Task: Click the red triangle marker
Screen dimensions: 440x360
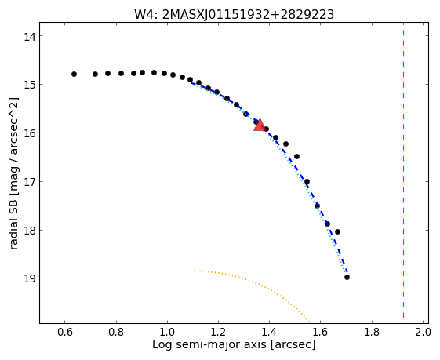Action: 260,125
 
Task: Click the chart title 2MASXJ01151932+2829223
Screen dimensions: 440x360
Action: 248,14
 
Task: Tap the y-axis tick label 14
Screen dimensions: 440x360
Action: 29,37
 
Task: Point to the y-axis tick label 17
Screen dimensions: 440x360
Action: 29,182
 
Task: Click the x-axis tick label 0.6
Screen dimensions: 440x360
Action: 65,333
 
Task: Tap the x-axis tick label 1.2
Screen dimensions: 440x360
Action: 218,333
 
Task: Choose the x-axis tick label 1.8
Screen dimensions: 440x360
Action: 372,333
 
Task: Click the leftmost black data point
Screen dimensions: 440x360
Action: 74,74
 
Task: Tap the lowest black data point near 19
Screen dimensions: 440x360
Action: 347,277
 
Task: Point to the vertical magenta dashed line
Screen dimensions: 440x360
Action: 403,170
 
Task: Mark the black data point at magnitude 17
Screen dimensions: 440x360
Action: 307,181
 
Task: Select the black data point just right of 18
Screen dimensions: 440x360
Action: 337,232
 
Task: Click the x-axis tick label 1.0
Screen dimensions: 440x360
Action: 167,333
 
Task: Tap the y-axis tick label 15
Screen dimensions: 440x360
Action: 29,85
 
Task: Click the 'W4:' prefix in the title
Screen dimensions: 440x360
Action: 147,14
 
